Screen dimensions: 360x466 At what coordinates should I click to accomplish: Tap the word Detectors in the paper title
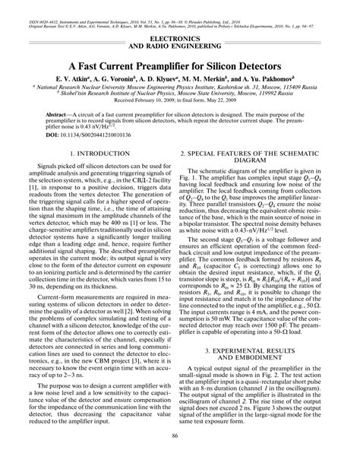(x=270, y=67)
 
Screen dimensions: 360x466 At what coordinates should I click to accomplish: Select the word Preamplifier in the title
(x=162, y=67)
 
